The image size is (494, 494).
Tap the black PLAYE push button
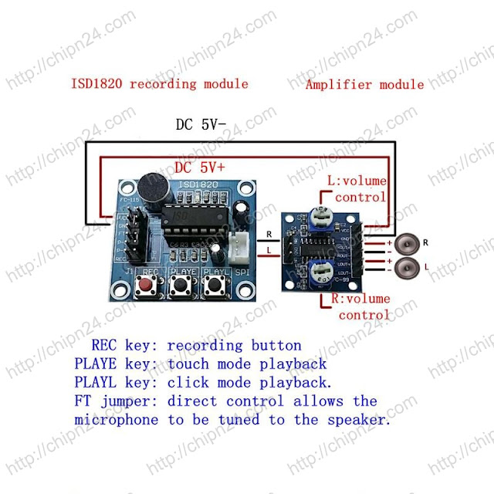click(x=183, y=288)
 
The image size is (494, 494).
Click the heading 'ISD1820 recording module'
click(x=160, y=83)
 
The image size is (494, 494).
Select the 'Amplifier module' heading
click(x=364, y=84)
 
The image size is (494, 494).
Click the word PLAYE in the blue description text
click(x=98, y=364)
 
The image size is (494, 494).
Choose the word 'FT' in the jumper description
click(x=83, y=401)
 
